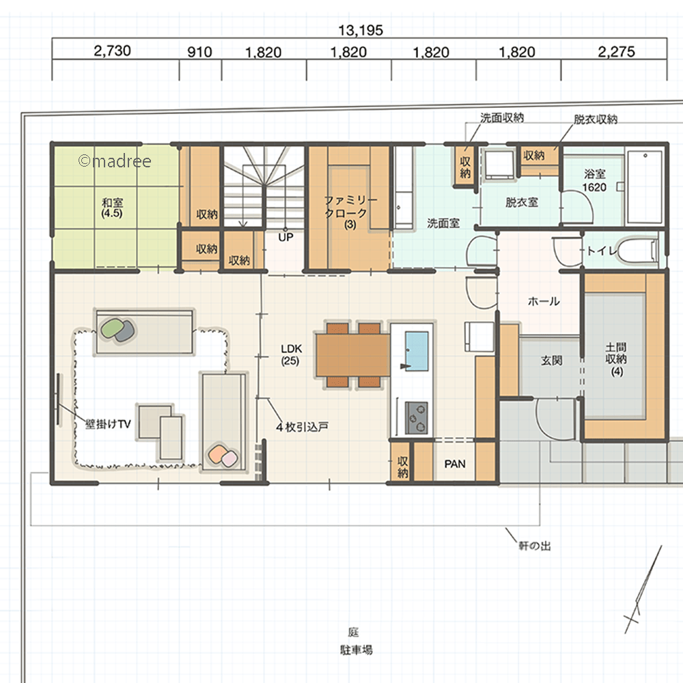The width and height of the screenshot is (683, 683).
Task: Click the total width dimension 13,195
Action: tap(361, 30)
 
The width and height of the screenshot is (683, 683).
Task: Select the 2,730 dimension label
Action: tap(113, 51)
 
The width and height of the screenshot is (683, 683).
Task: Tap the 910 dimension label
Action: tap(199, 53)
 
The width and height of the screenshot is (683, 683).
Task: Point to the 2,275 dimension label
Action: tap(616, 52)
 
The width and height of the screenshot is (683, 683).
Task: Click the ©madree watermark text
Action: tap(115, 161)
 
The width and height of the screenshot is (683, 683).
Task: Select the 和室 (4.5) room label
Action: tap(112, 208)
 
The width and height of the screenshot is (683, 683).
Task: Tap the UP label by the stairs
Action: tap(285, 238)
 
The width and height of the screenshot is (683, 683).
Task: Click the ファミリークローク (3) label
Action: tap(350, 212)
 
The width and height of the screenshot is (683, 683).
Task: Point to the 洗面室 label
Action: tap(443, 223)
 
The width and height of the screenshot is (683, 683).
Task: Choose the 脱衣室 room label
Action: tap(521, 202)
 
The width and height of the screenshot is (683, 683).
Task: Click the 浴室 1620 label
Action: tap(595, 180)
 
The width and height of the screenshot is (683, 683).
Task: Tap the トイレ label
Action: tap(602, 251)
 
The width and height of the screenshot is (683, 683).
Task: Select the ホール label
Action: tap(544, 301)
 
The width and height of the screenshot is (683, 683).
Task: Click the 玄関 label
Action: tap(551, 361)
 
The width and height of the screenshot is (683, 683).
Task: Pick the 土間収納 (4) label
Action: tap(616, 359)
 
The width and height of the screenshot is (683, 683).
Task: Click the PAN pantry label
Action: tap(455, 464)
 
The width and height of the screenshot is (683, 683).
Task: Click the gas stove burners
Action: tap(417, 418)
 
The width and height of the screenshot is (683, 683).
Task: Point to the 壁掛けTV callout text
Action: tap(108, 424)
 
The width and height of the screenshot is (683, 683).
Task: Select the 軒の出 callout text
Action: tap(535, 545)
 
